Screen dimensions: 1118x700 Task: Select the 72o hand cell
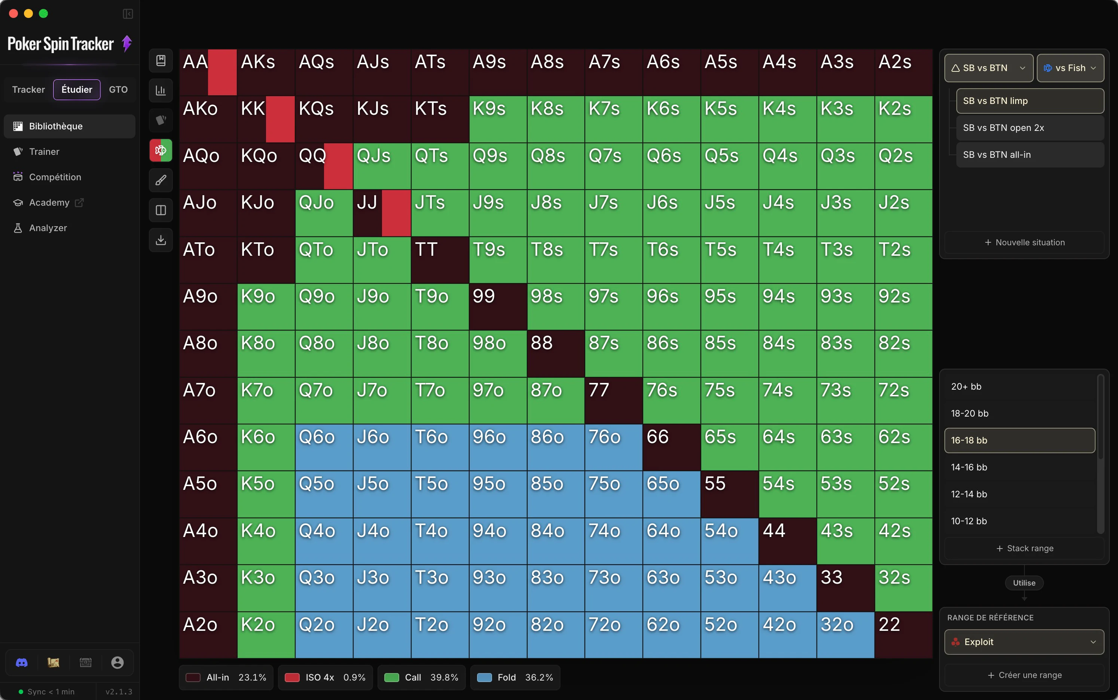point(614,635)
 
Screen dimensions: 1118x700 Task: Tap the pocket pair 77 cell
point(614,400)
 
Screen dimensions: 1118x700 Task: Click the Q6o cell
point(324,447)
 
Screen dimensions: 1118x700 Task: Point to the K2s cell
point(904,119)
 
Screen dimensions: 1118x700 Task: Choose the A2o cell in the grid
point(208,635)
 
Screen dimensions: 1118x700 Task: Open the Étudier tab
point(77,89)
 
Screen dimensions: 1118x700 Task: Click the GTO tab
point(118,89)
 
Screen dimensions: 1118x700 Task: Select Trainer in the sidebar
point(44,151)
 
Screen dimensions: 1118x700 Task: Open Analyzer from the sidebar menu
point(48,228)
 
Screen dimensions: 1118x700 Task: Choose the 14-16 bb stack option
point(1019,467)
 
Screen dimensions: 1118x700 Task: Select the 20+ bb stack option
point(1019,387)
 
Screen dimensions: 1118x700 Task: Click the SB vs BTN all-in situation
point(1030,155)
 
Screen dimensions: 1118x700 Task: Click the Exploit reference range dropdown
point(1024,642)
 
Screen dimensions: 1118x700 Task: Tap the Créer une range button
point(1024,675)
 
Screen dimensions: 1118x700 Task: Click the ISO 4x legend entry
point(325,677)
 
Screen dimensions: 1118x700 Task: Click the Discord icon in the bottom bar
point(22,663)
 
